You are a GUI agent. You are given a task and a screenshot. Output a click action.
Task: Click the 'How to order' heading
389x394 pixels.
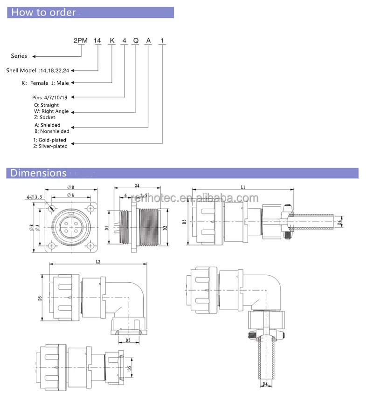(x=43, y=13)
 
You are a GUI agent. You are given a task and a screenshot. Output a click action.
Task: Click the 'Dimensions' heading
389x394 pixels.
(x=39, y=173)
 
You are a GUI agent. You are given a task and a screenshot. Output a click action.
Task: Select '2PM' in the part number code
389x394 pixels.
(x=81, y=41)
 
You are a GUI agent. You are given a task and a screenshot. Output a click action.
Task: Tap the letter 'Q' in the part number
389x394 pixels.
(x=136, y=41)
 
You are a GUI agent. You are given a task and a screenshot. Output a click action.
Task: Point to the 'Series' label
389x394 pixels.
(x=19, y=56)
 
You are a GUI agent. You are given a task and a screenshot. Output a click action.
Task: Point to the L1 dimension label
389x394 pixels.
(x=243, y=187)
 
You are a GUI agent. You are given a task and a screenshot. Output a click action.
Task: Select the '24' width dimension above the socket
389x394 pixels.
(x=137, y=186)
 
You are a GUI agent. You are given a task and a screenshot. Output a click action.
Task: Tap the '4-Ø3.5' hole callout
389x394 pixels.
(x=35, y=197)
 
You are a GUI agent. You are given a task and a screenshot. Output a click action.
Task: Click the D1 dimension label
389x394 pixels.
(x=107, y=228)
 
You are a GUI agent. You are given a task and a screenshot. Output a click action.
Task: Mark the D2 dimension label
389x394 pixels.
(x=165, y=228)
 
